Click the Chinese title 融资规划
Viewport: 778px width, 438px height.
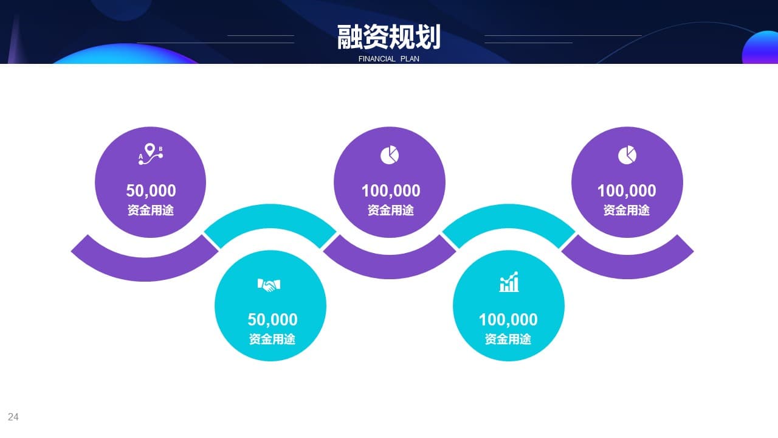(388, 37)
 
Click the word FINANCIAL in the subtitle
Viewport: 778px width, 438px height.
(377, 59)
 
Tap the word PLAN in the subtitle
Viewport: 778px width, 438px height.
(410, 59)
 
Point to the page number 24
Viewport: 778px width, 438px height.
(13, 417)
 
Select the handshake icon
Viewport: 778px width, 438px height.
(269, 285)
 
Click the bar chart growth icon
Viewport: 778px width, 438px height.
(509, 282)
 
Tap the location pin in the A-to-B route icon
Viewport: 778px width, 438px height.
(150, 150)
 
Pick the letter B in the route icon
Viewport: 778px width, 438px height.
(160, 149)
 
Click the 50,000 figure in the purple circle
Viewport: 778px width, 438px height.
(151, 190)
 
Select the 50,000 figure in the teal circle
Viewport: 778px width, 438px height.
(272, 319)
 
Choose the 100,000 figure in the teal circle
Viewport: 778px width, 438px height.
(508, 319)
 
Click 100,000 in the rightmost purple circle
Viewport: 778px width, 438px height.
(627, 190)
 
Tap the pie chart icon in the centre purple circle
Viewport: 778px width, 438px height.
(390, 155)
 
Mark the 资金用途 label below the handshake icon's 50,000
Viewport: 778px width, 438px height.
(272, 339)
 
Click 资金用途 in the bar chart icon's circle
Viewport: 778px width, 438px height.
(508, 339)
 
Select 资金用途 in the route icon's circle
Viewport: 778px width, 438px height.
(150, 210)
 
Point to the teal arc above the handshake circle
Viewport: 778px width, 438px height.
(270, 216)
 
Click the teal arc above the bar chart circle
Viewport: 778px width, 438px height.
(509, 216)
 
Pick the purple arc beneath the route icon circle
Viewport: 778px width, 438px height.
(145, 269)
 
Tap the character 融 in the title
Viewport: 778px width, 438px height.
(349, 37)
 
